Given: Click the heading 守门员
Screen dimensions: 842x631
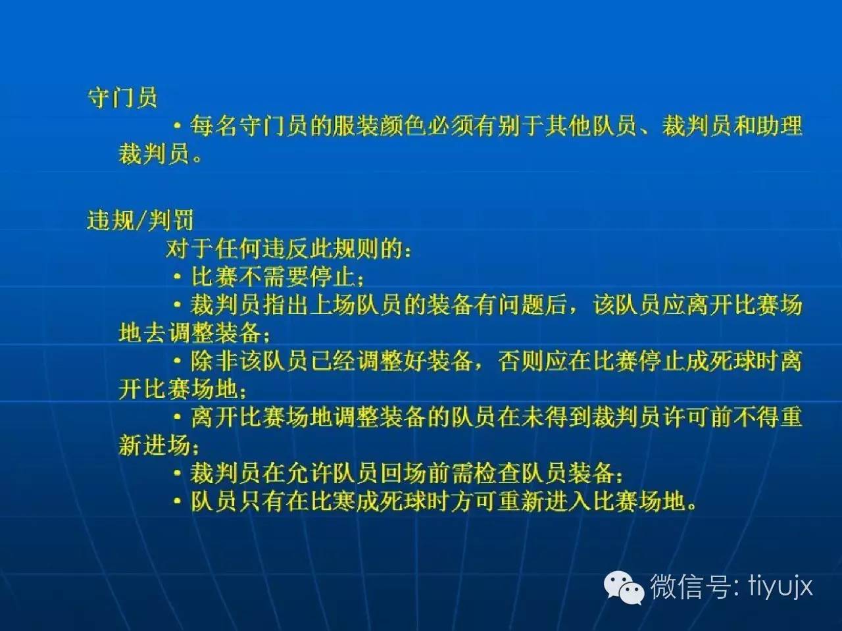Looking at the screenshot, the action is (x=122, y=97).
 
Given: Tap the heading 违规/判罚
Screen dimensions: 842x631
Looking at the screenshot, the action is (x=140, y=220).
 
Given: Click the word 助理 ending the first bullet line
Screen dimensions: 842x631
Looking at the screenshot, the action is (x=779, y=126).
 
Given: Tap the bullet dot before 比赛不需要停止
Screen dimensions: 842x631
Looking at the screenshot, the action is (x=177, y=276).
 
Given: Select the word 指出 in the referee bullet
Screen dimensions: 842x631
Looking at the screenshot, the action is (x=285, y=305).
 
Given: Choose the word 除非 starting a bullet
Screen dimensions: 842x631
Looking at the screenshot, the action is (x=215, y=361).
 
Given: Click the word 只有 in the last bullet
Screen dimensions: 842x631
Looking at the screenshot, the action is (x=262, y=501).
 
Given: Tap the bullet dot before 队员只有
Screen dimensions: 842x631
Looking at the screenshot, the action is (x=177, y=501).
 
